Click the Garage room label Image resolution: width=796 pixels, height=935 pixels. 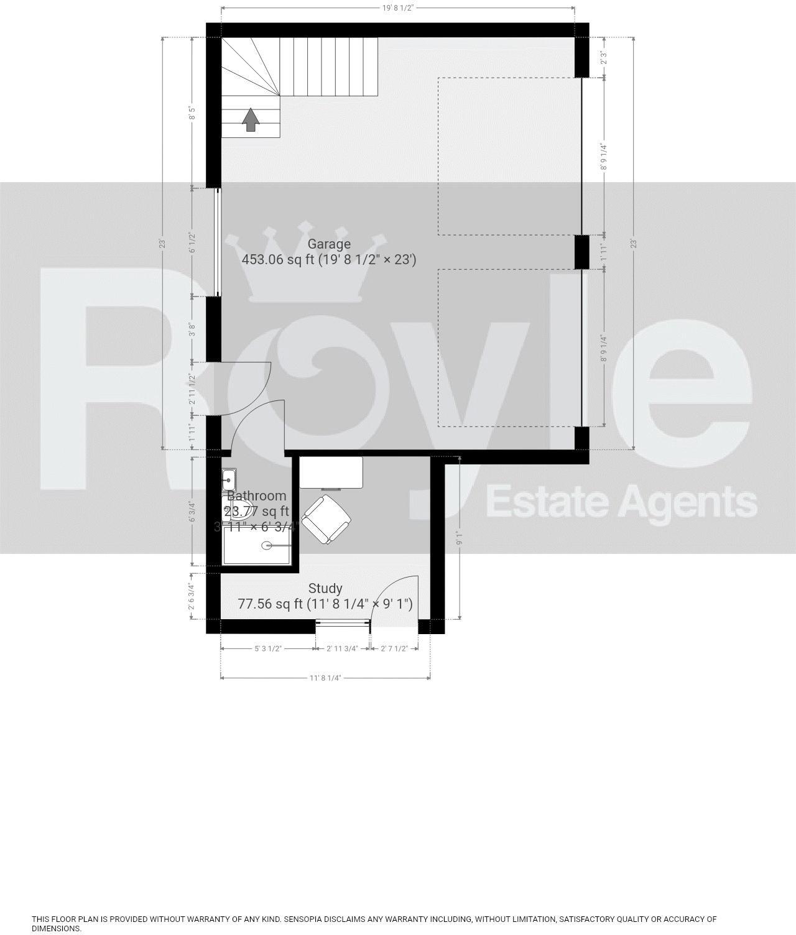[329, 244]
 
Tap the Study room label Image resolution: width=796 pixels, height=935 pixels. [325, 588]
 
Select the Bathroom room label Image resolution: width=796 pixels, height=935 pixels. [256, 495]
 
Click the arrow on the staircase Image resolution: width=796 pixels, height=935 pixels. [251, 119]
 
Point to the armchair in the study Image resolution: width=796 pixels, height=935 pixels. [326, 519]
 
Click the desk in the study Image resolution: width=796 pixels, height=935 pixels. [331, 472]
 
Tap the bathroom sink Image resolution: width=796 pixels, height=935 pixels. [229, 479]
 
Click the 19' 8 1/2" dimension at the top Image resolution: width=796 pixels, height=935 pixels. [398, 8]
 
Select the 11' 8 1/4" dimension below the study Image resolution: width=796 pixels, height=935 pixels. [325, 678]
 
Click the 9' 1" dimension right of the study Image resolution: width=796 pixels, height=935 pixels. [460, 538]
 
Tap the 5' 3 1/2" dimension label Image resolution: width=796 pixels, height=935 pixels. [268, 648]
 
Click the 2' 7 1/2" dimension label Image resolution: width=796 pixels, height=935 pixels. [394, 648]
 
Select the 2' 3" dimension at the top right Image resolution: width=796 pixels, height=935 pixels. [603, 58]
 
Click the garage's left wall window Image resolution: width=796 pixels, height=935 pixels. [216, 242]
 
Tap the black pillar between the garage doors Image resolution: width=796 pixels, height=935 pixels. [581, 252]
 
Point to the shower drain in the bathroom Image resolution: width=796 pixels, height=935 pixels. [267, 546]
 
